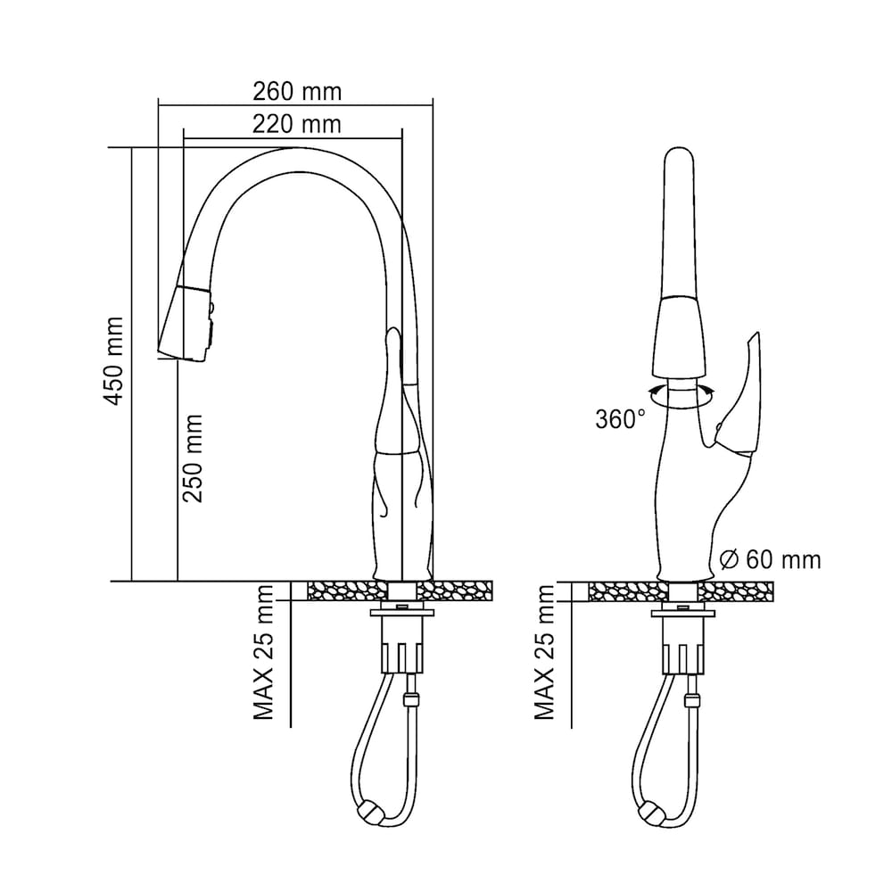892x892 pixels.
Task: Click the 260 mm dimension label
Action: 296,91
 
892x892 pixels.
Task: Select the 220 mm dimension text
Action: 296,124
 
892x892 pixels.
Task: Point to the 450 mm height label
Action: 114,360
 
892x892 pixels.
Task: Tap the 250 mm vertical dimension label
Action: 193,457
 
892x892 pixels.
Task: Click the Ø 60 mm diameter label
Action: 768,560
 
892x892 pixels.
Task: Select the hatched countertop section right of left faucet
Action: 464,591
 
